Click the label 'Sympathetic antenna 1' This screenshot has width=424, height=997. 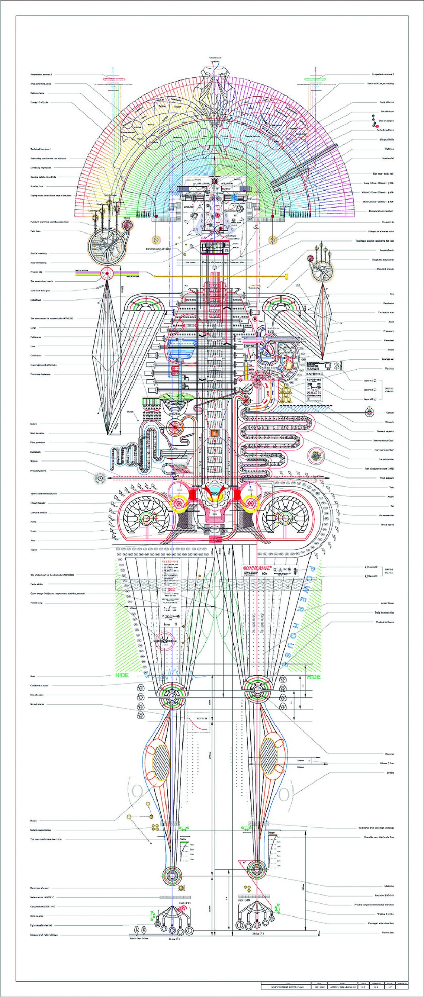pos(41,74)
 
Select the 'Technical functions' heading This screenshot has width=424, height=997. pos(41,149)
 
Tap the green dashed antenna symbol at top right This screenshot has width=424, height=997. pos(312,79)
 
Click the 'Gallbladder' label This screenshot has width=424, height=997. pos(36,355)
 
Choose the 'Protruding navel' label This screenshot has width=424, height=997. pos(38,471)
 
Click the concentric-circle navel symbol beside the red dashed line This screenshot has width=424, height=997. pos(100,479)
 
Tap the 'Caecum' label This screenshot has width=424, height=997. pos(390,412)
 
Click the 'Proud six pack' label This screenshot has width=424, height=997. pos(386,478)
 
